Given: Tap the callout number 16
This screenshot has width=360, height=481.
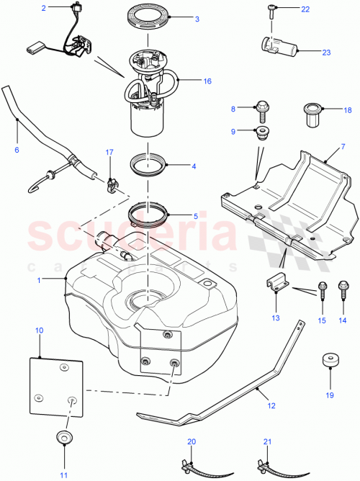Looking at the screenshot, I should (207, 81).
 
